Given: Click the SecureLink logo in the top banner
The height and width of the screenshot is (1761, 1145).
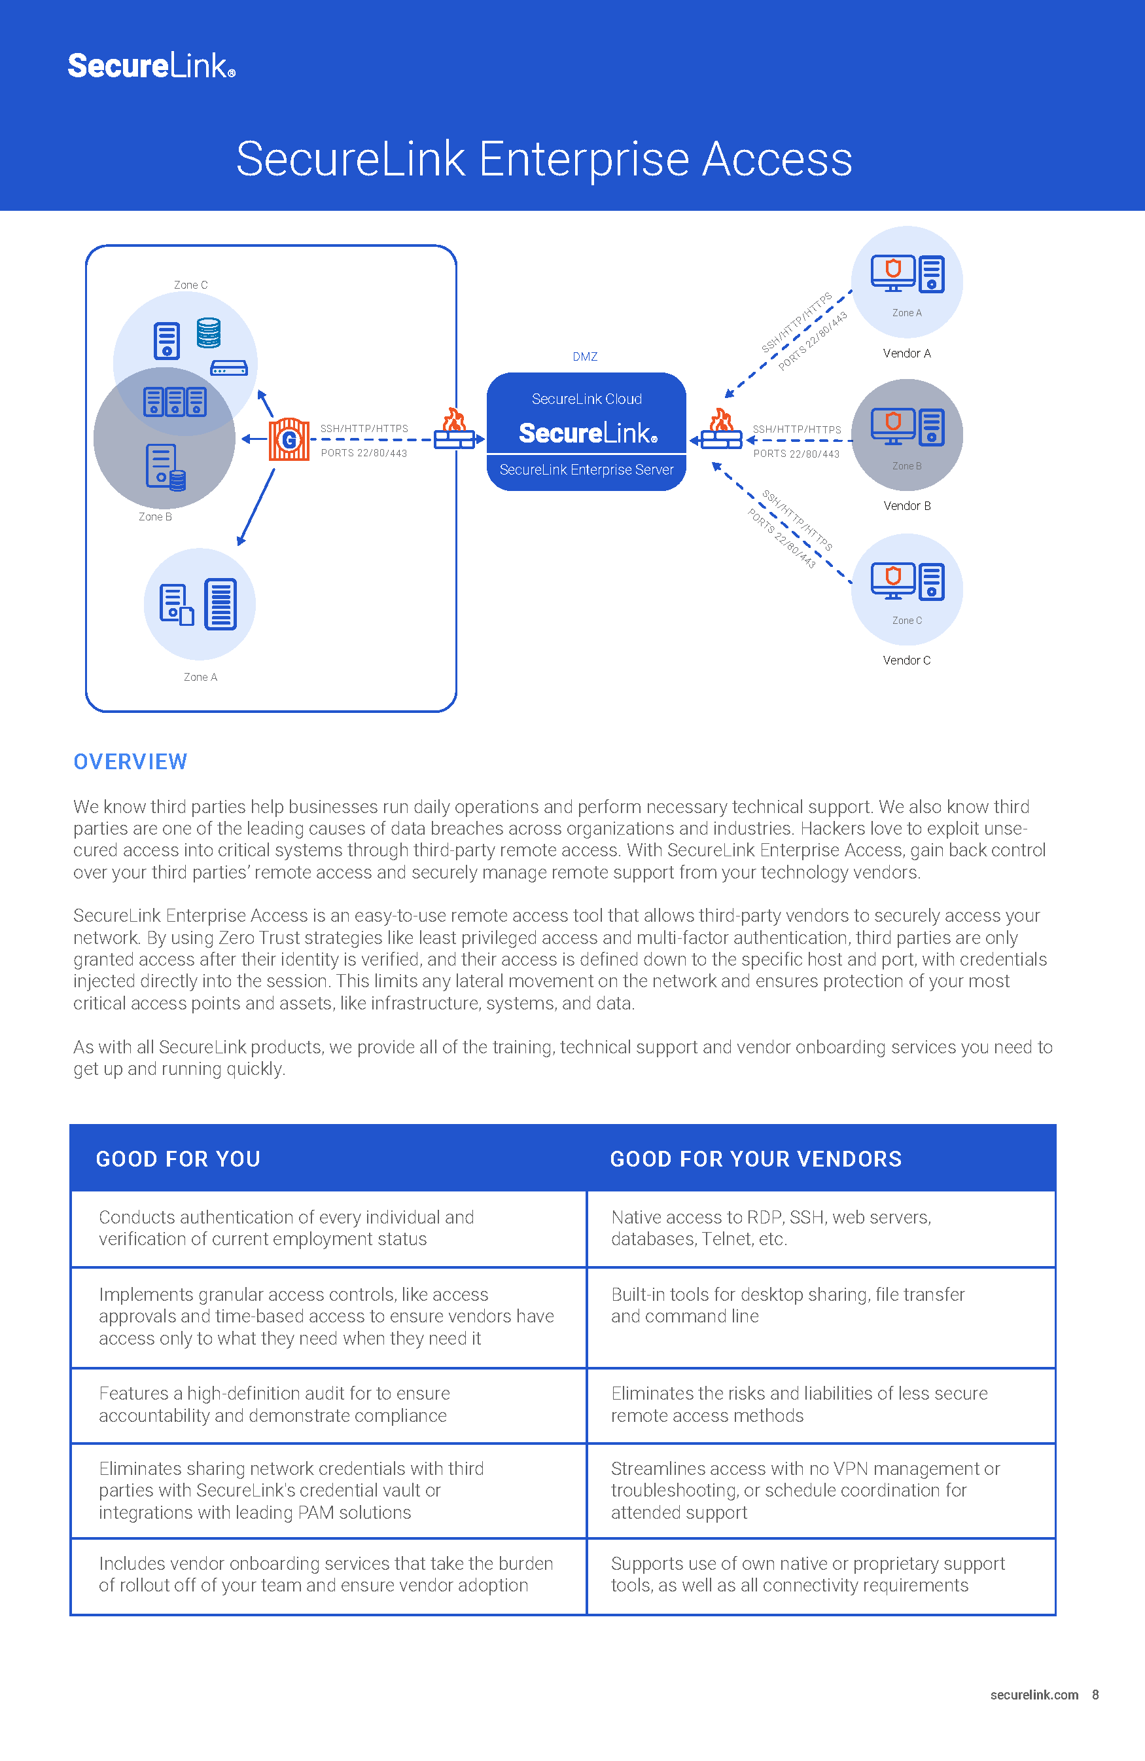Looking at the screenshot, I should coord(151,66).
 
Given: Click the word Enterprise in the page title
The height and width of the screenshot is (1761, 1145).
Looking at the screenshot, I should coord(584,159).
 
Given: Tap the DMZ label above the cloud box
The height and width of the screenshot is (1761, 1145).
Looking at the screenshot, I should coord(584,357).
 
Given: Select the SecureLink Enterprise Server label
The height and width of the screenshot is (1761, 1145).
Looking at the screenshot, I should coord(586,470).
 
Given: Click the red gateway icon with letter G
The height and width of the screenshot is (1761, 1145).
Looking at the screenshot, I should coord(289,439).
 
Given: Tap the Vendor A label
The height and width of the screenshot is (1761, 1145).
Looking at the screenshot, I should coord(906,354).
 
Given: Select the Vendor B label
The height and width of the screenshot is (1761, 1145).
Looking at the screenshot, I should coord(906,506).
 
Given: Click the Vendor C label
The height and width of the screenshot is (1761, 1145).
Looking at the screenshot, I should coord(906,660).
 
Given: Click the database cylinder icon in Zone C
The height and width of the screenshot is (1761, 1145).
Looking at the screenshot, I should coord(209,333).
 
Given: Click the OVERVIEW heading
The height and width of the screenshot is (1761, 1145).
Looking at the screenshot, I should coord(130,761).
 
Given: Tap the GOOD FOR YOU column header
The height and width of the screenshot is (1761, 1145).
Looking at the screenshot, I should coord(178,1159).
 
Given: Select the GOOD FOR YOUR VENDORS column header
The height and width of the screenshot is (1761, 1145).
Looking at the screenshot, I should coord(755,1159).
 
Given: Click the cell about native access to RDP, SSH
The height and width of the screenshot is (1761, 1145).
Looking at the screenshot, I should coord(771,1228).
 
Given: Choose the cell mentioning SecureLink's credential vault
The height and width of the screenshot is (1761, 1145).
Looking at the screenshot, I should coord(291,1490).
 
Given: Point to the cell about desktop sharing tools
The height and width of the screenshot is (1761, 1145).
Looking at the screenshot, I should coord(788,1305).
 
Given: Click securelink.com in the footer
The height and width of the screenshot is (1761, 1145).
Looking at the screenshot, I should coord(1033,1694).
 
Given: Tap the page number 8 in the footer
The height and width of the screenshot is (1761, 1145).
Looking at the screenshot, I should coord(1095,1694).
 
